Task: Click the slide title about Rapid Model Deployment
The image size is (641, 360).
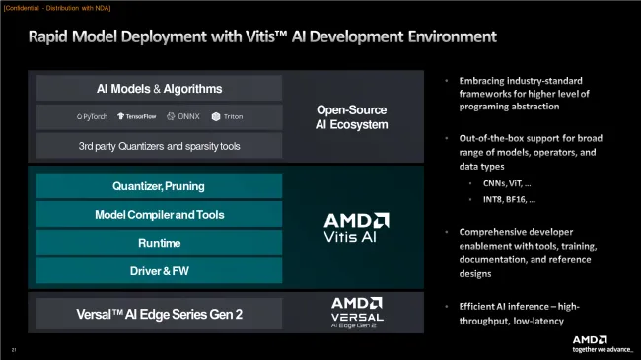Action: click(261, 38)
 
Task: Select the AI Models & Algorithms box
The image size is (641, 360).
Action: click(159, 89)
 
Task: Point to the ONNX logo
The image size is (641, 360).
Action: click(184, 117)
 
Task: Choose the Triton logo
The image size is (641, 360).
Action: click(226, 117)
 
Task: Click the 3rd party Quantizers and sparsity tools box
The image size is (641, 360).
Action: click(159, 146)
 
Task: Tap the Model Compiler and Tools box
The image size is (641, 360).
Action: click(159, 215)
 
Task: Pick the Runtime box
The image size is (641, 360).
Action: click(159, 243)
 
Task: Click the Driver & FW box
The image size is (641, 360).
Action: click(159, 270)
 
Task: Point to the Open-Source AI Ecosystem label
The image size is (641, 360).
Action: click(352, 117)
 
